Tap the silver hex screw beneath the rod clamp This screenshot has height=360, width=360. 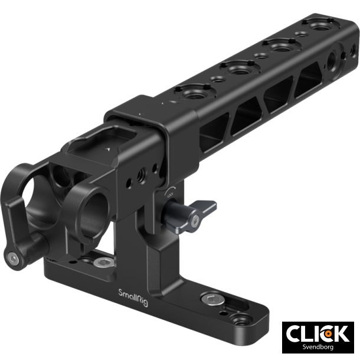pyautogui.click(x=105, y=262)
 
